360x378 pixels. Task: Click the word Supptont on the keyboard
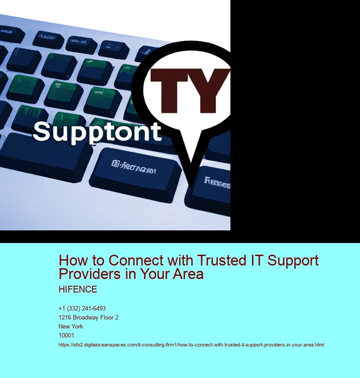(x=97, y=131)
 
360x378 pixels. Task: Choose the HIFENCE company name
(x=78, y=289)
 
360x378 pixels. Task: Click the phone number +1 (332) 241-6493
(x=82, y=309)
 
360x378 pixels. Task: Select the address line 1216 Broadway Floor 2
(x=88, y=318)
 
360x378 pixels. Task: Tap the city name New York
(x=71, y=327)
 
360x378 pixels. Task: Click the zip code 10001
(x=66, y=335)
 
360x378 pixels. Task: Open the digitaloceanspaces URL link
(x=191, y=345)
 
